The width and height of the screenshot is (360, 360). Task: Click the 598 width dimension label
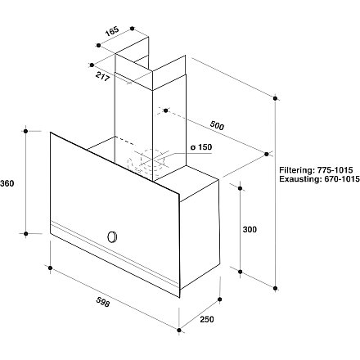pos(103,302)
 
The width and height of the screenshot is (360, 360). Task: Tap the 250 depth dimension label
pos(207,319)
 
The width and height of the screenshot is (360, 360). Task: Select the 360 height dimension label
pos(7,183)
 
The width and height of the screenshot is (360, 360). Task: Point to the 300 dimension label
pos(250,230)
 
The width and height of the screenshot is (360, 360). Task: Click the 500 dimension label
pos(217,125)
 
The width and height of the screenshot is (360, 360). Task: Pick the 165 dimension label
pos(112,31)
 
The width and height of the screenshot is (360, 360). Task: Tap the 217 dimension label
pos(102,76)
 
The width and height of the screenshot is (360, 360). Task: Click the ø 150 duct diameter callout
pos(201,147)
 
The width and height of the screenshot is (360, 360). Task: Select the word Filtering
pos(297,170)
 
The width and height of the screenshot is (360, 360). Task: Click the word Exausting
pos(299,179)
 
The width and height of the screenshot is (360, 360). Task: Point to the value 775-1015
pos(335,170)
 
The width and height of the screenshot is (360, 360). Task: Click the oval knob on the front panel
pos(112,237)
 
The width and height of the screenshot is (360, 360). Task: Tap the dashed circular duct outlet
pos(149,161)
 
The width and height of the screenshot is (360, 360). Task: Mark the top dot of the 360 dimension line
pos(25,131)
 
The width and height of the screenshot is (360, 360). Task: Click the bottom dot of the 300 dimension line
pos(241,272)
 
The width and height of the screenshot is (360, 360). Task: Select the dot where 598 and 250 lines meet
pos(179,331)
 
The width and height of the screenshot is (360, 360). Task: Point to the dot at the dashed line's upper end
pos(166,110)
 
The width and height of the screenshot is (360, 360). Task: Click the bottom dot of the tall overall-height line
pos(276,288)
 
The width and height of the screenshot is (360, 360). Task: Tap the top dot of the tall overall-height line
pos(275,98)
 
